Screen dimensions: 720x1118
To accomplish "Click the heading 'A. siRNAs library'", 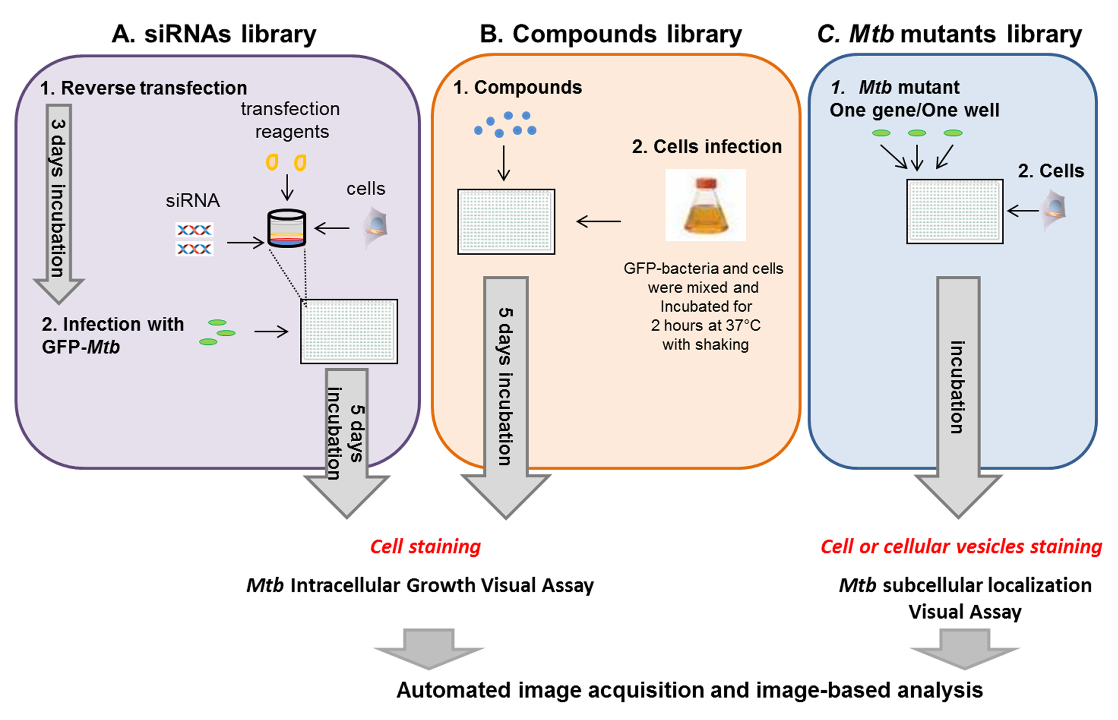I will pyautogui.click(x=214, y=34).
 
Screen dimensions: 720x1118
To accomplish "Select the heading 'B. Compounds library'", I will pyautogui.click(x=611, y=34).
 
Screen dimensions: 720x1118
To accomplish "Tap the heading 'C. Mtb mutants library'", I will pyautogui.click(x=949, y=34).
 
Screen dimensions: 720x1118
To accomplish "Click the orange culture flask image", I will pyautogui.click(x=705, y=206).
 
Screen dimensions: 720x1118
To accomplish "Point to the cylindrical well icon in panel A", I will pyautogui.click(x=287, y=229).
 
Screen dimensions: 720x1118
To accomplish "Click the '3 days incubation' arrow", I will pyautogui.click(x=59, y=201).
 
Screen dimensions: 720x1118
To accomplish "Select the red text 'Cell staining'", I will pyautogui.click(x=425, y=546).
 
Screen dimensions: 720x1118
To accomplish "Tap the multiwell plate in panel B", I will pyautogui.click(x=506, y=222).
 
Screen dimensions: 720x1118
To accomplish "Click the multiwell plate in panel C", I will pyautogui.click(x=954, y=211).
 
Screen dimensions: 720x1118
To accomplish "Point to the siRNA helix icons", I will pyautogui.click(x=194, y=239).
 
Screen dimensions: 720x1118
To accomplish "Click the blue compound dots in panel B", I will pyautogui.click(x=505, y=124).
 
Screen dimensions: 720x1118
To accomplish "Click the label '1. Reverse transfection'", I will pyautogui.click(x=143, y=88).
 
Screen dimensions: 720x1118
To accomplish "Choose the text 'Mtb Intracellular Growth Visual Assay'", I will pyautogui.click(x=420, y=585).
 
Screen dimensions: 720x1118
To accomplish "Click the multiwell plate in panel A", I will pyautogui.click(x=349, y=332).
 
